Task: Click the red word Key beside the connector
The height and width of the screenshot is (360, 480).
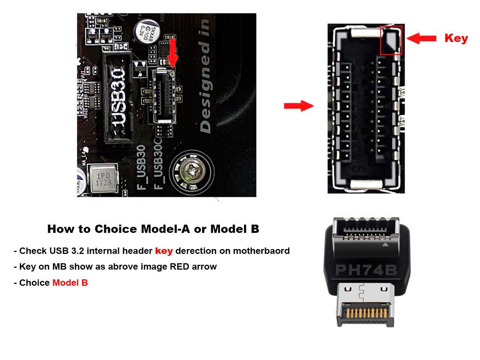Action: point(456,38)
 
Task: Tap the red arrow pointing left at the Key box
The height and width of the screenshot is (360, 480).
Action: point(421,38)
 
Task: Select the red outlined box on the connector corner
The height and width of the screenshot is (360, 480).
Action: point(391,40)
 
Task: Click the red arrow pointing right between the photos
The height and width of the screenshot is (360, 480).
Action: point(299,106)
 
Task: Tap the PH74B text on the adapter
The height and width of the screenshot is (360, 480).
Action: point(366,270)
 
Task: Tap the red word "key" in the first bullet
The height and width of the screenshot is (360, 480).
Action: point(164,250)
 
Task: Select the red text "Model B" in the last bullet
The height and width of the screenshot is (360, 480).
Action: point(70,283)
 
